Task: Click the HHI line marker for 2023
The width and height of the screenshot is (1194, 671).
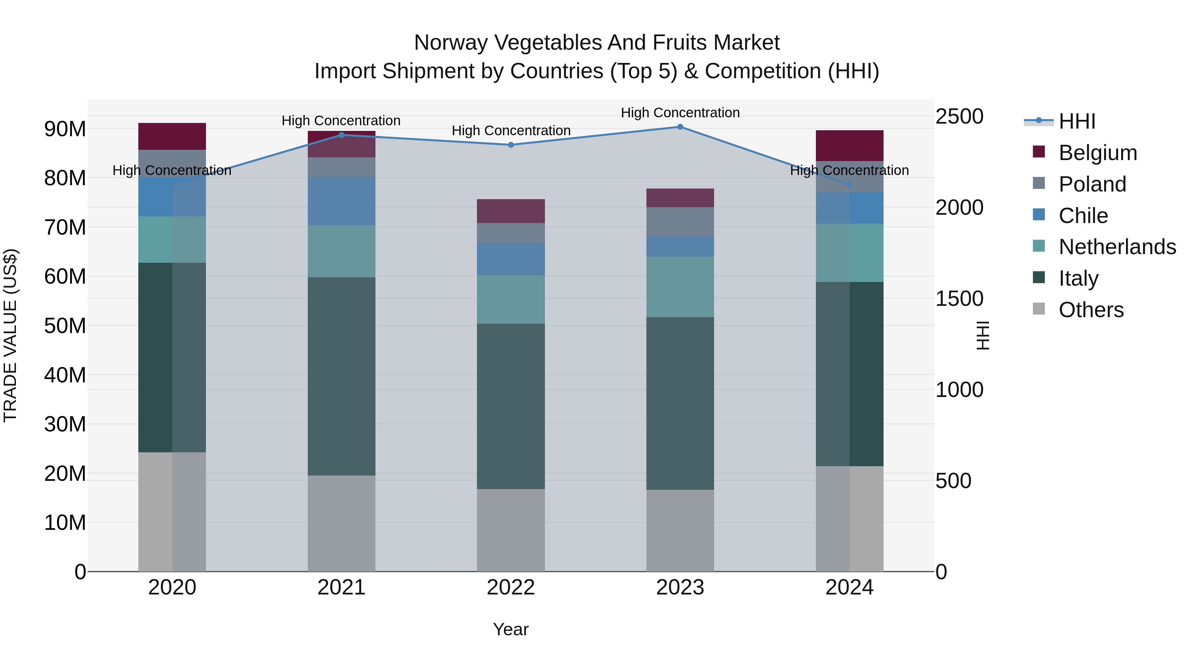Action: coord(680,127)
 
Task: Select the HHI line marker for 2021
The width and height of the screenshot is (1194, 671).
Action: coord(342,135)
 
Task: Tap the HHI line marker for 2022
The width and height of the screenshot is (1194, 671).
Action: coord(511,145)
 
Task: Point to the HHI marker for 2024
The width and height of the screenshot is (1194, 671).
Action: coord(850,185)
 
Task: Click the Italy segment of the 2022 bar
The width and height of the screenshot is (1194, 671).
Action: coord(511,406)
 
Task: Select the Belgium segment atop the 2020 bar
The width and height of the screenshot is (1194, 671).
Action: coord(172,136)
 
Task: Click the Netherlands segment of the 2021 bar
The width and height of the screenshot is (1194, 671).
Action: coord(342,252)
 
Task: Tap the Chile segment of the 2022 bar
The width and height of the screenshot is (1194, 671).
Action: coord(511,259)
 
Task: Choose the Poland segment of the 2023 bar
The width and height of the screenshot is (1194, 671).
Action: coord(680,221)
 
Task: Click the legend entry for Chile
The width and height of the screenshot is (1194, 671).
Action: coord(1083,216)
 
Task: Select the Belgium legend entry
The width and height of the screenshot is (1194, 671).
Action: coord(1097,153)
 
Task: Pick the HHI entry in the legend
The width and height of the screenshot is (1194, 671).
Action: coord(1077,121)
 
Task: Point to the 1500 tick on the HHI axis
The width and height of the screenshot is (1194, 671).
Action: coord(959,299)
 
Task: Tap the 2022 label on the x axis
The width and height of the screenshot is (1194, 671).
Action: coord(511,587)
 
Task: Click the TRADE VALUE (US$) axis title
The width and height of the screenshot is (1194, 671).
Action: coord(11,335)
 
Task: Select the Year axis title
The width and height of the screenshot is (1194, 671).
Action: coord(511,629)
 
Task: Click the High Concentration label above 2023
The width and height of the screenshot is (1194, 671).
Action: coord(680,113)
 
